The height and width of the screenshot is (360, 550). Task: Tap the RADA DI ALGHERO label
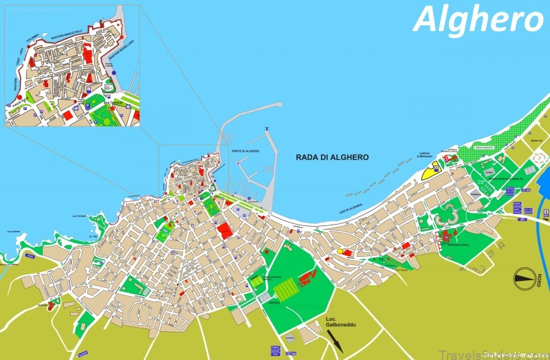(332, 157)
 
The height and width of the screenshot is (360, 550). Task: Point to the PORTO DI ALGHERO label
(245, 151)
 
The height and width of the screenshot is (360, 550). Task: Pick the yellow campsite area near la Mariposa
(432, 170)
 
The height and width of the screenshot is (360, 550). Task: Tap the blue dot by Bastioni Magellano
(114, 71)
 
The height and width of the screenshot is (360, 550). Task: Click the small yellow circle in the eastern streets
(340, 251)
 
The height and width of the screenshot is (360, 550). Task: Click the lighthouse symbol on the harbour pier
(265, 130)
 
